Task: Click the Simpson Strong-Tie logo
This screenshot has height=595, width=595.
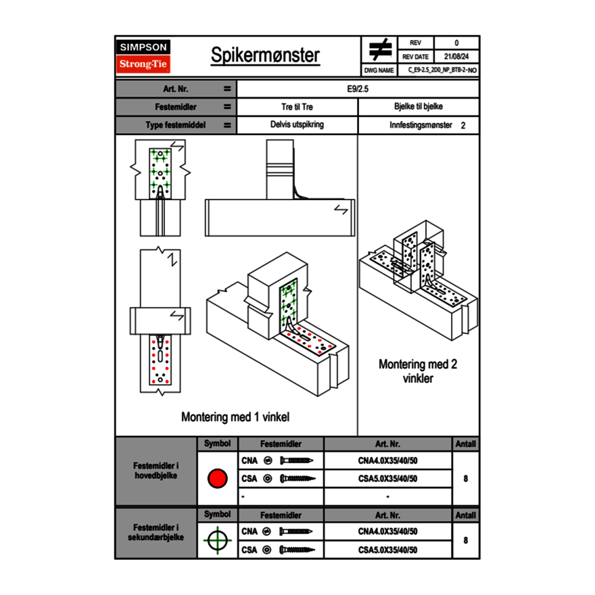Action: (143, 56)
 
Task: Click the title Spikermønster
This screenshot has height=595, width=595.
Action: (265, 55)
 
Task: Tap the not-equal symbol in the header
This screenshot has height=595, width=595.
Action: (380, 49)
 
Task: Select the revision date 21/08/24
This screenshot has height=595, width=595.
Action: (456, 57)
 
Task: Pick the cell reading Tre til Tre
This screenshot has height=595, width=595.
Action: (297, 107)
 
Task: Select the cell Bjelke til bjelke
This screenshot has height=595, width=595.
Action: (418, 107)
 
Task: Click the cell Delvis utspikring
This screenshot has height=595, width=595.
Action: (297, 125)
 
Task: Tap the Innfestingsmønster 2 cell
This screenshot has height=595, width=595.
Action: (418, 125)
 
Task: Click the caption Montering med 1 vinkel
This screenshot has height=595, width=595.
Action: (235, 417)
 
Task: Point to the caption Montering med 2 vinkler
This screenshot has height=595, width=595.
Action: (417, 371)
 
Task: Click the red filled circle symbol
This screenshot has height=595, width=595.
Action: (216, 479)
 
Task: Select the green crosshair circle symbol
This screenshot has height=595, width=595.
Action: (216, 540)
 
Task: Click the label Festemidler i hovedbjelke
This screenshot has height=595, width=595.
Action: (156, 471)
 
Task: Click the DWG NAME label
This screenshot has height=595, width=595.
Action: (379, 70)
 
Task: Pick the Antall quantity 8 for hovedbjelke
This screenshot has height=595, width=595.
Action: (466, 479)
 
